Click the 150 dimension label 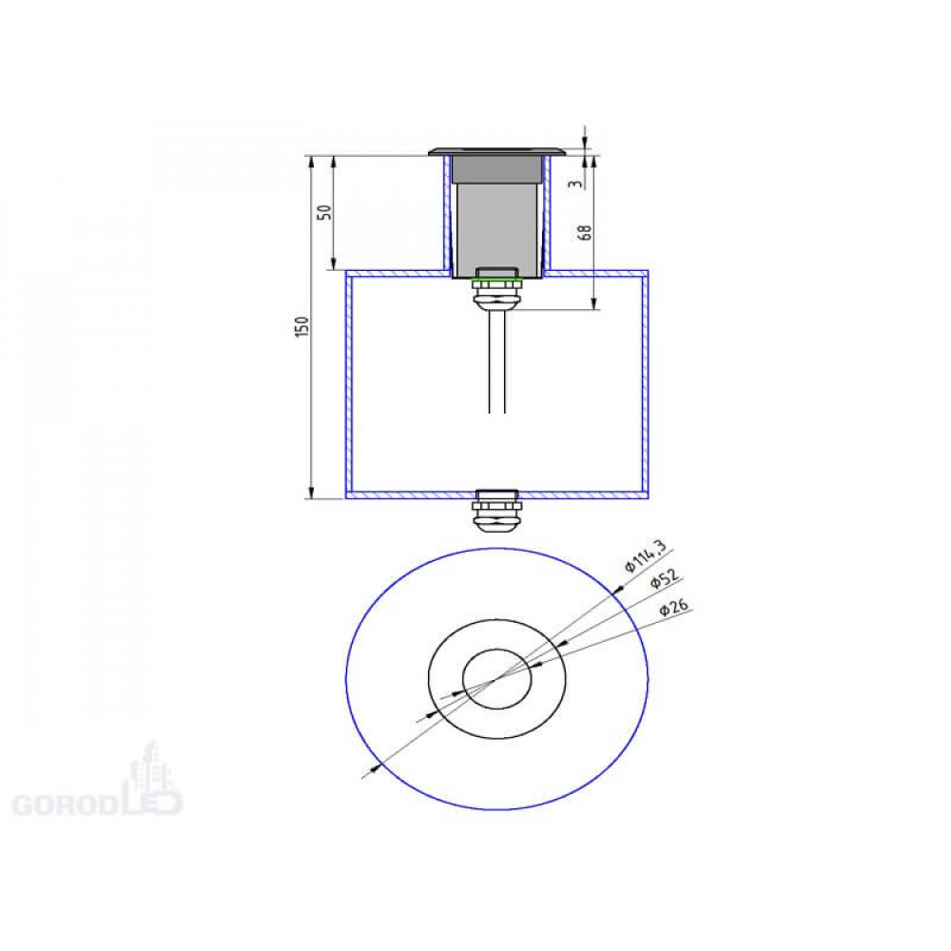pos(302,327)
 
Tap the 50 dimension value pos(325,212)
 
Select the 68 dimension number pos(585,232)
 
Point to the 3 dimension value pos(575,183)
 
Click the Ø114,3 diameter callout pos(646,555)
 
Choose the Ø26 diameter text pos(674,608)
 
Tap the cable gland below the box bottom pos(496,511)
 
